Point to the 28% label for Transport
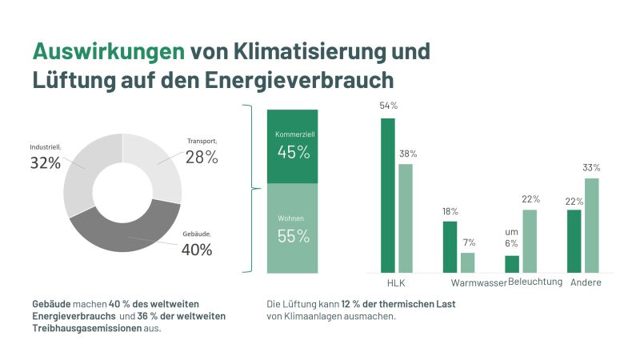(202, 157)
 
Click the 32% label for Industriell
(46, 162)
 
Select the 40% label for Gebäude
(196, 250)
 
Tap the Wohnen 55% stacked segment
(292, 229)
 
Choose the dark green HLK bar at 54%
(388, 196)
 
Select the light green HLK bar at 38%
(406, 218)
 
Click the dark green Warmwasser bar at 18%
(450, 247)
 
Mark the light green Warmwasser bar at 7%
(468, 262)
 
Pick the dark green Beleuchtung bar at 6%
(512, 264)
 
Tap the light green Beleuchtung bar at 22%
(530, 241)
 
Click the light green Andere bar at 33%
(591, 226)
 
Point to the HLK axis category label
(397, 284)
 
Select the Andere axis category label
(586, 284)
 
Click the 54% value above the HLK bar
(388, 106)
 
